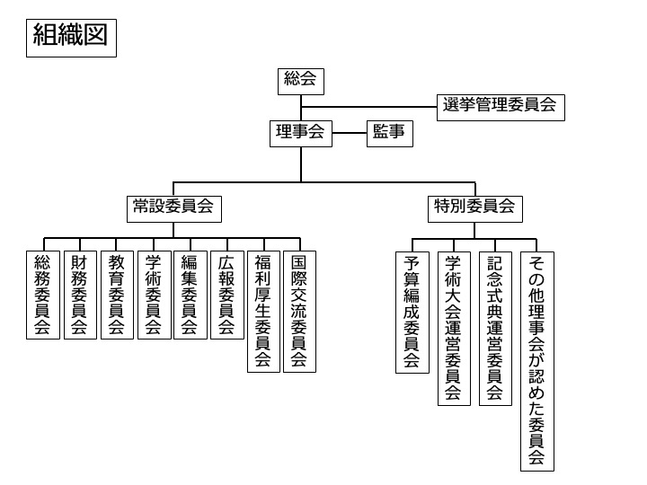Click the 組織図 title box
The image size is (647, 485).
pyautogui.click(x=71, y=38)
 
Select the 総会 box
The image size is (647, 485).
pyautogui.click(x=301, y=82)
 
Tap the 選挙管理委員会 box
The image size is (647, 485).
pyautogui.click(x=501, y=108)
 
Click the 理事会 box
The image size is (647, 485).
pyautogui.click(x=301, y=134)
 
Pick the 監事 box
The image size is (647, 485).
pyautogui.click(x=390, y=134)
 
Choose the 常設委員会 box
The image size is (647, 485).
pyautogui.click(x=174, y=209)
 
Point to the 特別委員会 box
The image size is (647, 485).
pyautogui.click(x=475, y=209)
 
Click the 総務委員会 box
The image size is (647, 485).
pyautogui.click(x=43, y=295)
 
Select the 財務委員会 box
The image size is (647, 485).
pyautogui.click(x=81, y=295)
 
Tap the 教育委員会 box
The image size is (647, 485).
pyautogui.click(x=117, y=295)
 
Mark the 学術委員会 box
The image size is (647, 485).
pyautogui.click(x=155, y=295)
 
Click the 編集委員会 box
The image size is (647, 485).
pyautogui.click(x=191, y=295)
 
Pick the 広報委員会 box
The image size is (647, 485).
pyautogui.click(x=227, y=295)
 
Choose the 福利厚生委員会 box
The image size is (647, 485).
pyautogui.click(x=263, y=312)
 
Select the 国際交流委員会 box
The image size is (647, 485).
pyautogui.click(x=299, y=312)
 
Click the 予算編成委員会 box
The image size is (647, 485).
pyautogui.click(x=412, y=313)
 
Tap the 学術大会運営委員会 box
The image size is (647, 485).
pyautogui.click(x=455, y=329)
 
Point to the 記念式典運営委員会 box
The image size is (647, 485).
pyautogui.click(x=495, y=329)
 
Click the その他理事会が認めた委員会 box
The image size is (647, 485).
pyautogui.click(x=537, y=361)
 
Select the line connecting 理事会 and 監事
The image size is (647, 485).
pyautogui.click(x=350, y=133)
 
